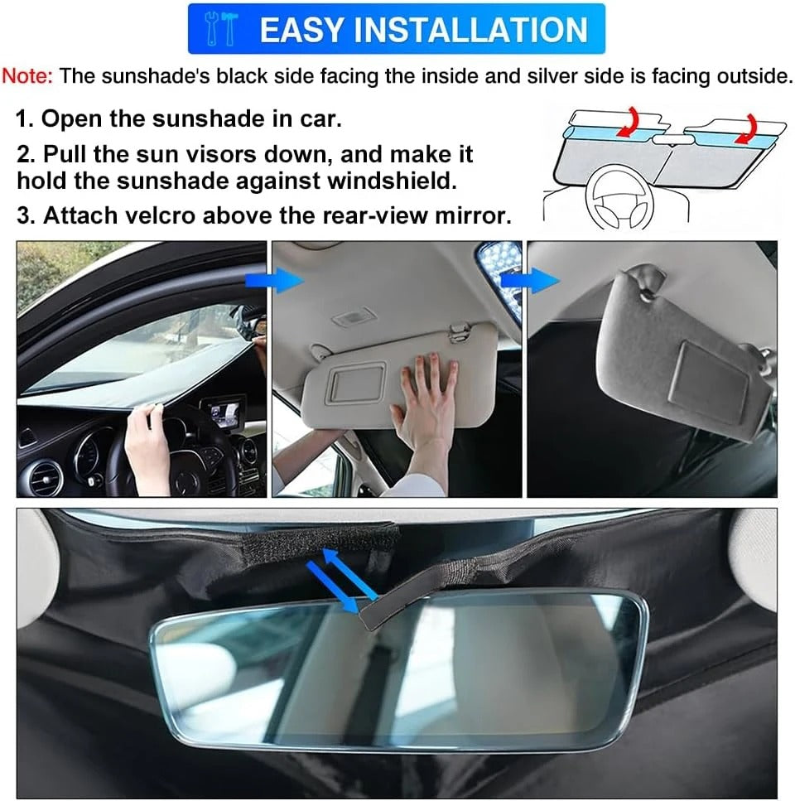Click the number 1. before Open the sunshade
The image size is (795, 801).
(x=26, y=118)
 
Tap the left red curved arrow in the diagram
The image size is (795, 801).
(x=632, y=121)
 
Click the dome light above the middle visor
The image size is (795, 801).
(x=345, y=319)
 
